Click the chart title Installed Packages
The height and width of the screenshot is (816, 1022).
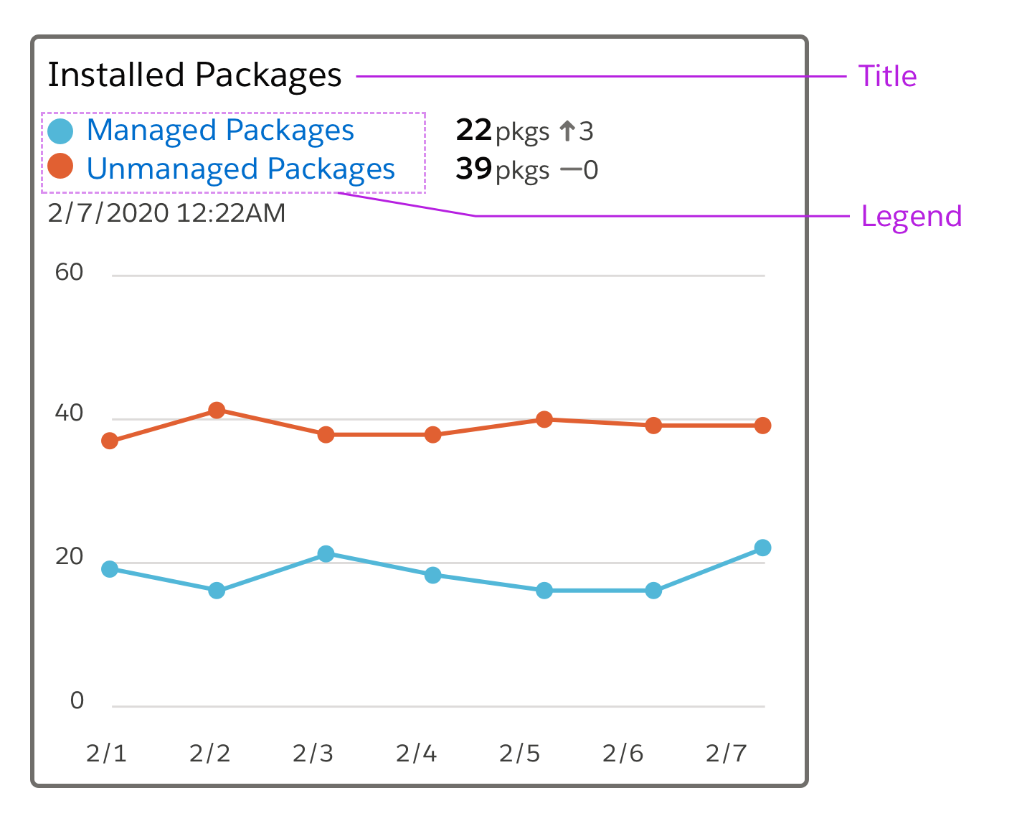point(194,75)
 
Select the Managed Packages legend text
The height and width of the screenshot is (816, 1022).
point(220,131)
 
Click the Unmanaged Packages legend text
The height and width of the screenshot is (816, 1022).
point(240,169)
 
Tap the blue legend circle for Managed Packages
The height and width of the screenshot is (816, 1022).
point(60,131)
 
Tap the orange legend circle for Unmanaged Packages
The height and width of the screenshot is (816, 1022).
point(60,167)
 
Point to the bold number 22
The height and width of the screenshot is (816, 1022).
point(473,131)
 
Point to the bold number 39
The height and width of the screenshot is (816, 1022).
point(473,169)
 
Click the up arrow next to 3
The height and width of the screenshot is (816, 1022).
point(567,131)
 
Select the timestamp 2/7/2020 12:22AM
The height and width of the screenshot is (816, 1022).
point(166,213)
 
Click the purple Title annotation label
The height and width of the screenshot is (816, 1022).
point(887,76)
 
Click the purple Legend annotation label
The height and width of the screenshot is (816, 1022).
point(911,216)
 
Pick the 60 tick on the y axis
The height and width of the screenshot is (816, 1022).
point(70,273)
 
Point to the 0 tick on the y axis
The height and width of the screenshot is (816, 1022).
point(77,700)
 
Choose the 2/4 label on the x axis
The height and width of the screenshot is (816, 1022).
point(416,754)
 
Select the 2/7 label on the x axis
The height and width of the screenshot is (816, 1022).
point(726,754)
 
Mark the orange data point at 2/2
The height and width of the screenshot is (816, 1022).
point(217,411)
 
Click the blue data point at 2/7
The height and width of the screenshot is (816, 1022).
point(763,548)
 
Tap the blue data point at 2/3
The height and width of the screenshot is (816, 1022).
point(326,554)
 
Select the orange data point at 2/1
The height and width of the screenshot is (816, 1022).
point(110,441)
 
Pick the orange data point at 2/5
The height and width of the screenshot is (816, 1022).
point(544,419)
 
